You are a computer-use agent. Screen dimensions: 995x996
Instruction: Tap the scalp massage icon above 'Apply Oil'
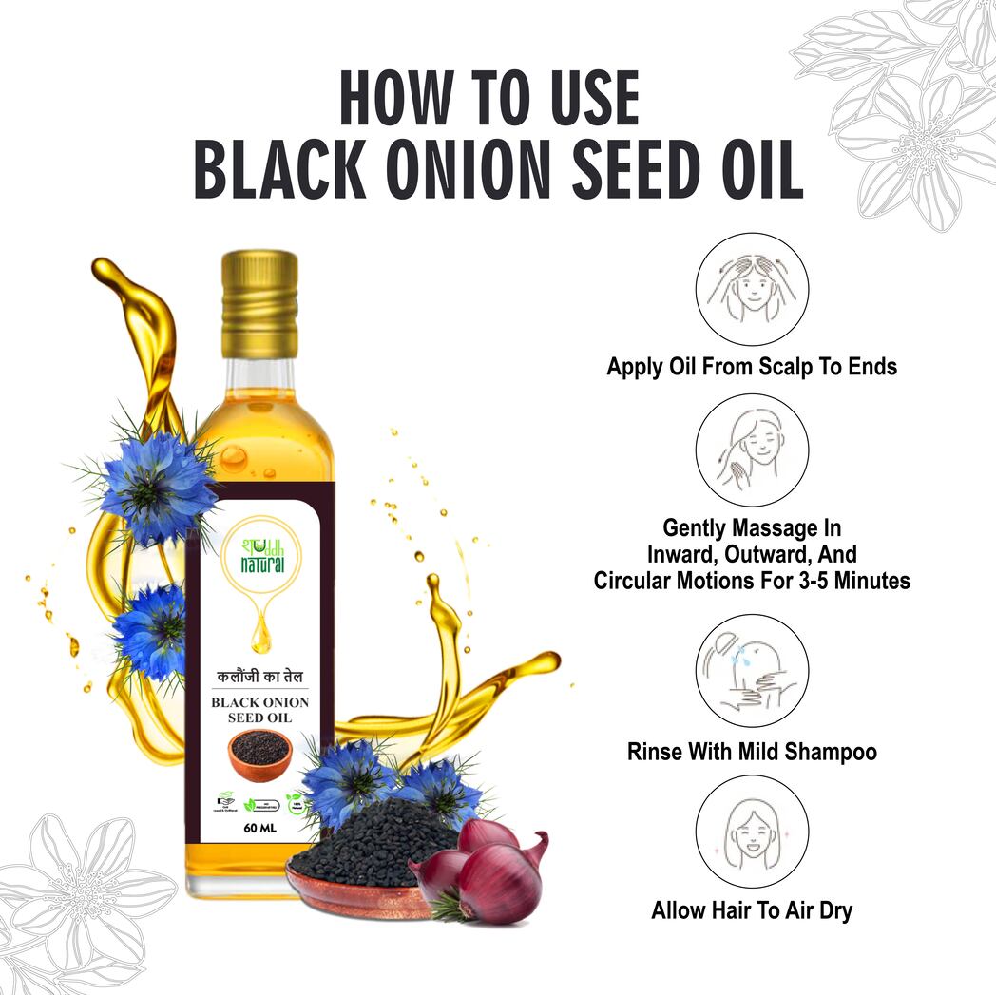[x=752, y=288]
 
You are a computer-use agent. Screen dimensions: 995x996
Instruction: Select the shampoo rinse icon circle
[x=752, y=670]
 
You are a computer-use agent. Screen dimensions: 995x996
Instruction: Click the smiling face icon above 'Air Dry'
[x=752, y=830]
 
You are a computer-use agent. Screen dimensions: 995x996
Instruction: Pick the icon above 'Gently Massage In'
[x=752, y=450]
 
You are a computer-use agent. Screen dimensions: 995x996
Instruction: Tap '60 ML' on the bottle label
[x=259, y=826]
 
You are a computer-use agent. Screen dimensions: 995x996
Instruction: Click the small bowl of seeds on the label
[x=259, y=748]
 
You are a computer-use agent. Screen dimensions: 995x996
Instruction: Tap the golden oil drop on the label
[x=260, y=632]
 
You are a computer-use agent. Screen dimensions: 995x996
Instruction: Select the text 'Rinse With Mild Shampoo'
[x=752, y=752]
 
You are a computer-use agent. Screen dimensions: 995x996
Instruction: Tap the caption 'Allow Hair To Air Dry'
[x=752, y=910]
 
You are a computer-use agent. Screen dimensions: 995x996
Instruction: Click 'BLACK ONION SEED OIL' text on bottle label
[x=259, y=710]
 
